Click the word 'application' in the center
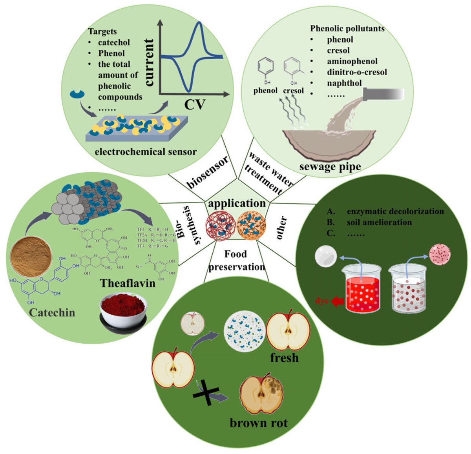[237, 204]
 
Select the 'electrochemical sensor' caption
[146, 151]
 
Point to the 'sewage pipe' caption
[330, 166]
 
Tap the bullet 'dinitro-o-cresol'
[357, 72]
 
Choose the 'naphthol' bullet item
[344, 83]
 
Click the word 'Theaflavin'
[128, 283]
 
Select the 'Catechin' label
[51, 313]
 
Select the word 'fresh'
[284, 358]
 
